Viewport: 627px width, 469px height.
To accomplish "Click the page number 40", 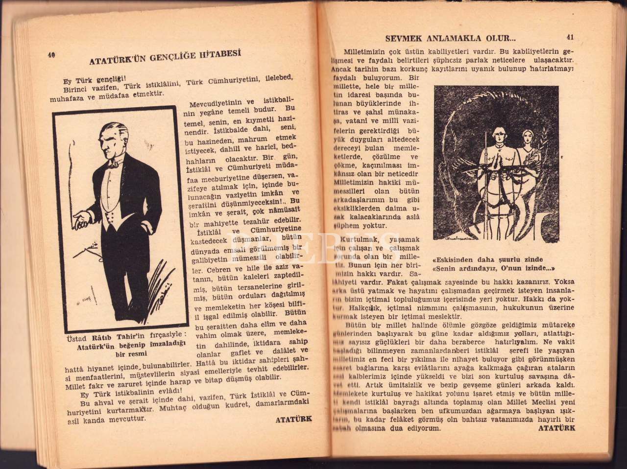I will coord(51,55).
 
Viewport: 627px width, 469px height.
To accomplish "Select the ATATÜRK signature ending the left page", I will coord(293,419).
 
